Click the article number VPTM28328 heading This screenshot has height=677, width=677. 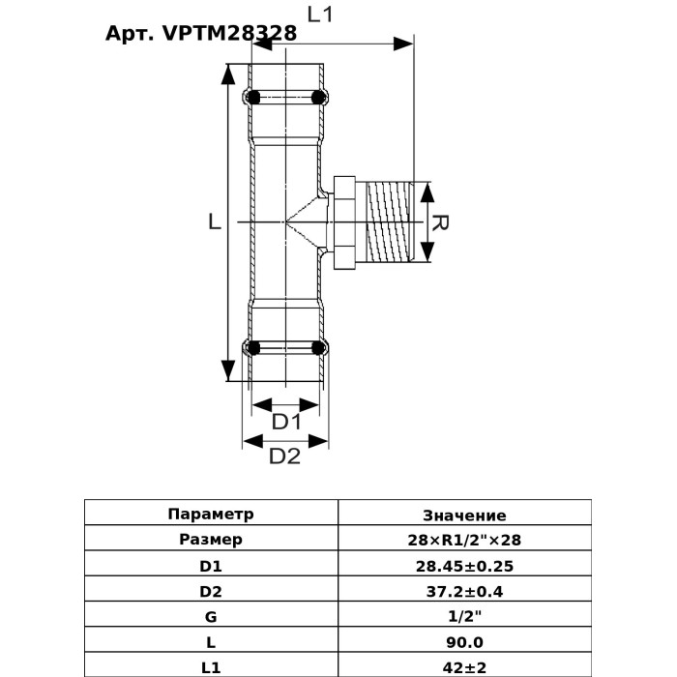tap(200, 33)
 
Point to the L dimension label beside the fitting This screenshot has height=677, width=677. tap(215, 221)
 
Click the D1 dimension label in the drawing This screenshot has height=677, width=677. tap(286, 422)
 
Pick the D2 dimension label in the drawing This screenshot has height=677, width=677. tap(284, 456)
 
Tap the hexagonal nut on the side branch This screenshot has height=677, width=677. tap(344, 222)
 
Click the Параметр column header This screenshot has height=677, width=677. tap(211, 515)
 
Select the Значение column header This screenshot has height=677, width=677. tap(464, 515)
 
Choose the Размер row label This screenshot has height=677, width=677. tap(211, 540)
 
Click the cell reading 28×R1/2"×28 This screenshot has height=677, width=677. tap(464, 540)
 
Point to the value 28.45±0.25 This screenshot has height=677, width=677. tap(464, 566)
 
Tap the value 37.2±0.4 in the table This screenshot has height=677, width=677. tap(464, 591)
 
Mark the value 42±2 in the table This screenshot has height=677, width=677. tap(464, 666)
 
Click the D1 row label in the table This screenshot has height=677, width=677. tap(211, 566)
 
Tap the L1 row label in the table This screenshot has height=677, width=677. tap(211, 666)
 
